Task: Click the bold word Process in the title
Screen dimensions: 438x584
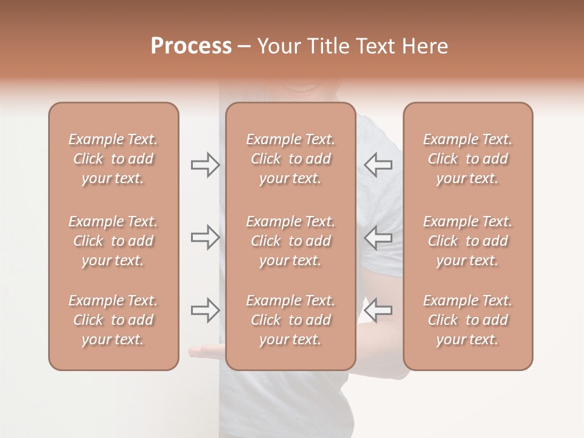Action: (191, 46)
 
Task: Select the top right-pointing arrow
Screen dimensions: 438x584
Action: (205, 165)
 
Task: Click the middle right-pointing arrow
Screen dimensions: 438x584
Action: (205, 237)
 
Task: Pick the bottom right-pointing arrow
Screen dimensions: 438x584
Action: (205, 310)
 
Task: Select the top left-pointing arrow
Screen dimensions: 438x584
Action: (378, 165)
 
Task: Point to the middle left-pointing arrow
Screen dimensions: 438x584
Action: (378, 237)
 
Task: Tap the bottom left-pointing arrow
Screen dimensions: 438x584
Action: (378, 310)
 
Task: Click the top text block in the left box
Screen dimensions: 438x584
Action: (113, 159)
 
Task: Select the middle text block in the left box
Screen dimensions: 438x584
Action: (113, 241)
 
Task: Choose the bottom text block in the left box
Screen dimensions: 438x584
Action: (113, 320)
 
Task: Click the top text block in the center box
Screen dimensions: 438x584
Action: (290, 159)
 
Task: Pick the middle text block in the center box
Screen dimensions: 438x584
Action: (290, 241)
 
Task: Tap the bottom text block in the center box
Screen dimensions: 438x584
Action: (290, 320)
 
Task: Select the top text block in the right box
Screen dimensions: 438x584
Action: (467, 159)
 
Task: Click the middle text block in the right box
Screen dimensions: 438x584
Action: (467, 241)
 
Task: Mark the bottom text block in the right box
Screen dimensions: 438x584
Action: (467, 320)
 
